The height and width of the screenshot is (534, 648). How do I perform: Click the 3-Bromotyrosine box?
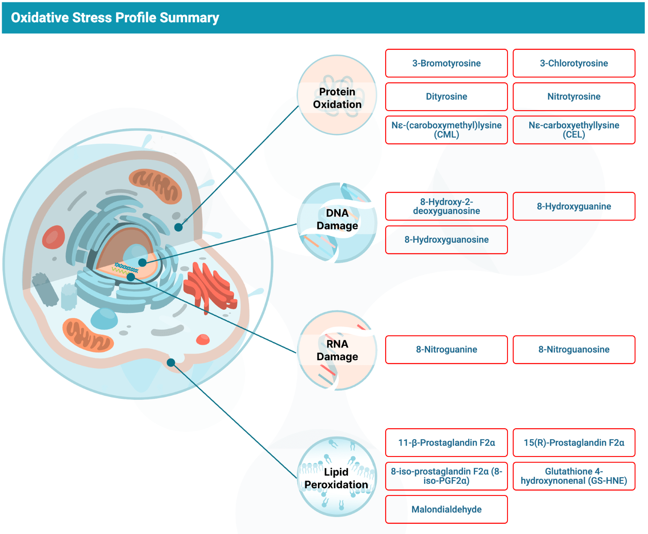446,63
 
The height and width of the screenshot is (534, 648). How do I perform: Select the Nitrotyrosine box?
573,97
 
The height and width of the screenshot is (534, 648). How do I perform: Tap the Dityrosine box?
446,97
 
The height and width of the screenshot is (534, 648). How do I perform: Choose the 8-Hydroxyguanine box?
573,206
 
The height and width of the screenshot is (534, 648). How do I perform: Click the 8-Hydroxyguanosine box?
446,240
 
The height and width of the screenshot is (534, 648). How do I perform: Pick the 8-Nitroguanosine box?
573,350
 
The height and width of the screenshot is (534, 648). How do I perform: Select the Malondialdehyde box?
446,509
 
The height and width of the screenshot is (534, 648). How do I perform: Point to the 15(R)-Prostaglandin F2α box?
573,442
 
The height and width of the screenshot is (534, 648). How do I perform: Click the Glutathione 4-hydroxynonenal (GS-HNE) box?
573,476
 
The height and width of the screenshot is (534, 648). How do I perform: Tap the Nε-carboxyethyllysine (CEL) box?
573,130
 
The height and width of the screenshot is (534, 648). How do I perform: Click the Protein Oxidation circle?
337,95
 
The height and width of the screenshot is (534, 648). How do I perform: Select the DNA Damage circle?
337,223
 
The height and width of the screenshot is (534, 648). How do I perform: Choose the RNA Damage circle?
337,350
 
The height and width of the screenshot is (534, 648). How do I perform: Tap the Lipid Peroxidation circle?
337,477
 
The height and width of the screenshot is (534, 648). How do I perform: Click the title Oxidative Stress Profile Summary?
115,18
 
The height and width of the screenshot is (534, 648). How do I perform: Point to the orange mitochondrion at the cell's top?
155,185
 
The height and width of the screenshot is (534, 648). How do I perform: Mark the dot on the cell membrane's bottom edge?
171,362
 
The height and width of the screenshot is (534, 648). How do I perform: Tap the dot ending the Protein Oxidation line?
178,227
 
